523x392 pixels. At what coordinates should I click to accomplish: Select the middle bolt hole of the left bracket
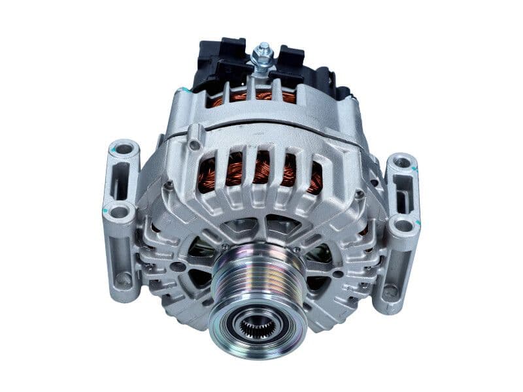click(x=118, y=211)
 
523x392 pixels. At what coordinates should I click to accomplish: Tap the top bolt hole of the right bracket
click(x=402, y=162)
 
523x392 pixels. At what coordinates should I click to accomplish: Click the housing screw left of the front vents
click(x=169, y=186)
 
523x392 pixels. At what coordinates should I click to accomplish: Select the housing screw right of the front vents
click(x=358, y=194)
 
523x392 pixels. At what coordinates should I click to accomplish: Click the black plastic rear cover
click(x=209, y=62)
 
